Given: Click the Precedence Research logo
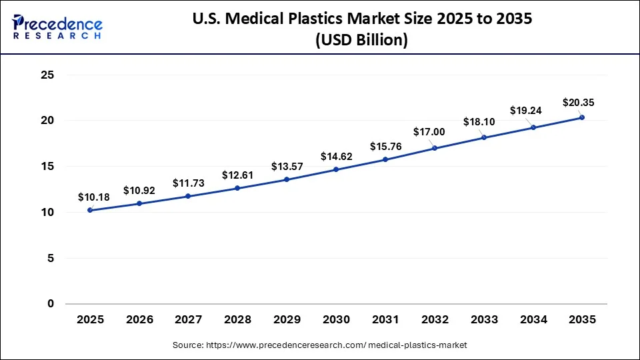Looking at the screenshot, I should (57, 27).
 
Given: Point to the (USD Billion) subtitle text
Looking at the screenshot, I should (361, 40).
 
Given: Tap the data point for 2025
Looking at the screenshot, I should (90, 210).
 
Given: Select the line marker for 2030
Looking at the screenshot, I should (336, 169).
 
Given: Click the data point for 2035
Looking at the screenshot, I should (582, 117).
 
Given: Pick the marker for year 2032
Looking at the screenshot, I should (435, 148).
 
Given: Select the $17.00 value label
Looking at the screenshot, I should (429, 132).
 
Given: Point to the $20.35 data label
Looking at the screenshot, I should (579, 103).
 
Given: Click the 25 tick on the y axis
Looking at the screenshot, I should (47, 75).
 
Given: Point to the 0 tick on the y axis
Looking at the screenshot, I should (50, 304).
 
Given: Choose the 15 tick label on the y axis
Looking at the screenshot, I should (47, 167).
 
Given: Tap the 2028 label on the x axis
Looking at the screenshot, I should (237, 320).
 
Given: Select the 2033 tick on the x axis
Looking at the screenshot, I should (484, 320).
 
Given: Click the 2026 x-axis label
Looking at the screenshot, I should (139, 320).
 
